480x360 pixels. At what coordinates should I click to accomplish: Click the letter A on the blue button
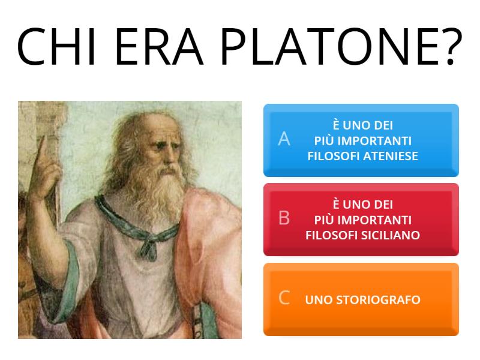tap(284, 139)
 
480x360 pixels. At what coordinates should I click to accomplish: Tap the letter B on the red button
tap(284, 218)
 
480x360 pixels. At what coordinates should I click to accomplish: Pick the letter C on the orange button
tap(284, 297)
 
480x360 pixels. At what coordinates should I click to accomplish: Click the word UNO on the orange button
tap(319, 299)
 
